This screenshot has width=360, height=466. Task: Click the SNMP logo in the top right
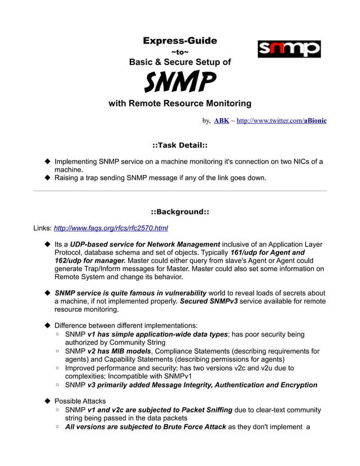[289, 49]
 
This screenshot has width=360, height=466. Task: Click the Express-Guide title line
[179, 41]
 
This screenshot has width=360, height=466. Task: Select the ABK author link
[221, 121]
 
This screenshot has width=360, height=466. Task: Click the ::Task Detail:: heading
[180, 145]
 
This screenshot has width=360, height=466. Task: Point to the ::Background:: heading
[180, 212]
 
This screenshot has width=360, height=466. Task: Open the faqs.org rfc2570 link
[111, 228]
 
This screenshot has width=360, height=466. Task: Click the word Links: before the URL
[42, 228]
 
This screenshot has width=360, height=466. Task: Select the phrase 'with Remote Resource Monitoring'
[179, 103]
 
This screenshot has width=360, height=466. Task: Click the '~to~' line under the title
[179, 52]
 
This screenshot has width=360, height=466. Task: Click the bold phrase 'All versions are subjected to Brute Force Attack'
[146, 427]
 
